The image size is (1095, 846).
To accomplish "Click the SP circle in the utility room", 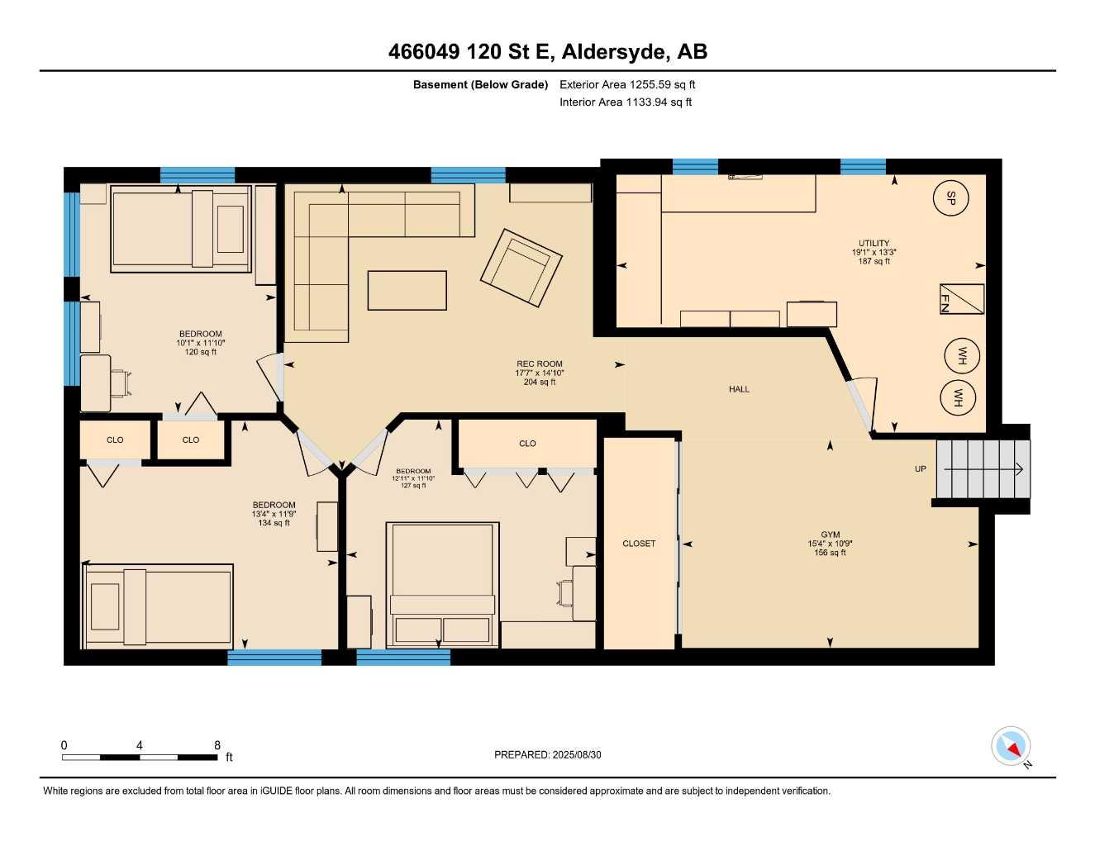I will [x=950, y=197].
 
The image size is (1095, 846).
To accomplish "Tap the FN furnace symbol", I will [x=962, y=299].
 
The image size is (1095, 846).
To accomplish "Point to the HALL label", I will [x=739, y=389].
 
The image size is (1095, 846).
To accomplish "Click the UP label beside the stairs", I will [x=920, y=469].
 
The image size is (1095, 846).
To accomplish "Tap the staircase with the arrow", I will [x=983, y=469].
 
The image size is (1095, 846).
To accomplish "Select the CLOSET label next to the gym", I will [x=639, y=544].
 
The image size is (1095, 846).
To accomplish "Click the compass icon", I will [x=1011, y=746].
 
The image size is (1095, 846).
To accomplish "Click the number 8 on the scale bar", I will [x=217, y=745].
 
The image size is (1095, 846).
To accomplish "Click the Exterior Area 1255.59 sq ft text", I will [x=627, y=84].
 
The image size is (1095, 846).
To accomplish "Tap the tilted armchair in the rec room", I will [x=521, y=266].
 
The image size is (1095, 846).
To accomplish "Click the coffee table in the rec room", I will [x=407, y=290].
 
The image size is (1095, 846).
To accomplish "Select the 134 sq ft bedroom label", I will [x=274, y=514].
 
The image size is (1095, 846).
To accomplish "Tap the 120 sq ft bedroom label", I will [x=200, y=343].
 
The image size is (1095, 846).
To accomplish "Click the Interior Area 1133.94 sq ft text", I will [x=625, y=102].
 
